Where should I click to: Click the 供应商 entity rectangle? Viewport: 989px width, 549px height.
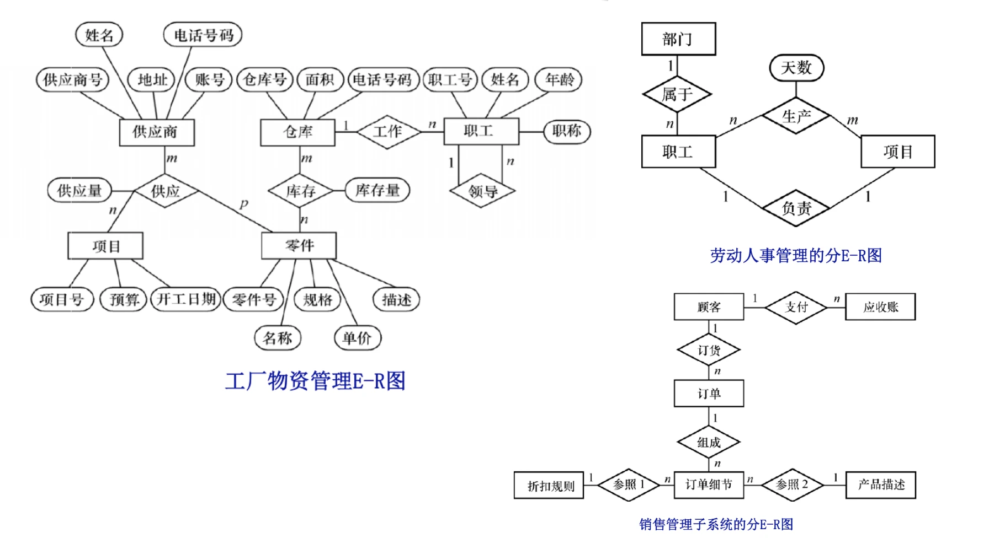coord(156,132)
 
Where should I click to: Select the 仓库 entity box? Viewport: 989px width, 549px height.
coord(297,132)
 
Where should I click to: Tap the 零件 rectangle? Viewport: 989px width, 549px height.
coord(299,245)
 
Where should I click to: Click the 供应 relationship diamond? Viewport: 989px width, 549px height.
coord(166,191)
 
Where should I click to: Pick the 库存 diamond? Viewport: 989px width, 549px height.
coord(300,191)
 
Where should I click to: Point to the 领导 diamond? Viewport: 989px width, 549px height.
coord(482,192)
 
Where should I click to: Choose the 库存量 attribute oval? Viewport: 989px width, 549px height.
coord(377,191)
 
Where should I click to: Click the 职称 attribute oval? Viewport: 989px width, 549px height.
coord(567,132)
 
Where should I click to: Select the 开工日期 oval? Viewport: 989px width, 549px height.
coord(186,299)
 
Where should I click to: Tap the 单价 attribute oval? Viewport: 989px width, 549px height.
coord(357,338)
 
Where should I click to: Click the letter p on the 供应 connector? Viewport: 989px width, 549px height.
coord(243,203)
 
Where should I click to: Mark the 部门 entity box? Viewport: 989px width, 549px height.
coord(678,39)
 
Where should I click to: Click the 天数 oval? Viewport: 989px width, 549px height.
coord(796,68)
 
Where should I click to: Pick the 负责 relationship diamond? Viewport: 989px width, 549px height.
coord(796,208)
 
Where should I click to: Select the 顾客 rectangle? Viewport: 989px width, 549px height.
coord(709,307)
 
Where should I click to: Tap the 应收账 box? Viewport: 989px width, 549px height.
coord(880,307)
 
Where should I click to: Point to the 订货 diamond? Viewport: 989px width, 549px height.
coord(709,350)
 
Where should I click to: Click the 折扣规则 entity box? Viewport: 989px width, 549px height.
coord(549,486)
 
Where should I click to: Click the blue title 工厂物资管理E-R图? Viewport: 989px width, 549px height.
coord(315,381)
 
